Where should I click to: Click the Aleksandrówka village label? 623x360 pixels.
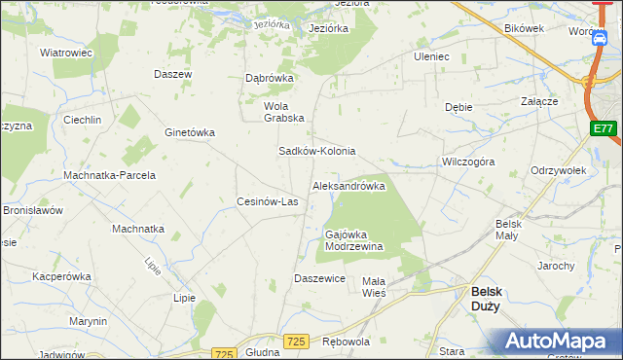coord(348,186)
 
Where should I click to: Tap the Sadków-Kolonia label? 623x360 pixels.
coord(317,152)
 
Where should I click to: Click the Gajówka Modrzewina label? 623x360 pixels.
coord(352,240)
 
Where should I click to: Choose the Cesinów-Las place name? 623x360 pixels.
coord(268,202)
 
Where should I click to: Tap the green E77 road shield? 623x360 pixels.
coord(604,128)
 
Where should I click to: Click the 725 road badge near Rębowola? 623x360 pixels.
coord(297,341)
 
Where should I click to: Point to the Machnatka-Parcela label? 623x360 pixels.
coord(109,175)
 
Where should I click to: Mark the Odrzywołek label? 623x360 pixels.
coord(558,170)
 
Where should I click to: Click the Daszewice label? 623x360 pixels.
coord(320,279)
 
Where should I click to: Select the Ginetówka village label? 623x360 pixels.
coord(190,132)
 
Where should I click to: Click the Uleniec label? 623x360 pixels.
coord(431,56)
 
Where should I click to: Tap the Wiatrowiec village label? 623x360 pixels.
coord(65,53)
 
